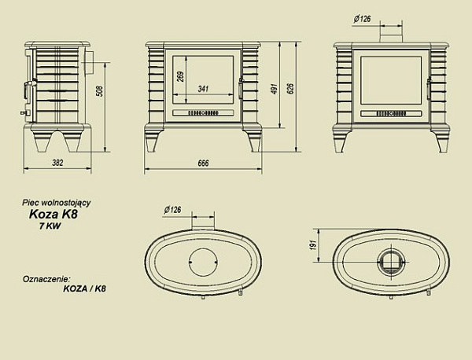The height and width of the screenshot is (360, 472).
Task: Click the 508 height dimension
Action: [99, 91]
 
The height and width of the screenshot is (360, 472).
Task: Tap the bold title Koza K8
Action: [53, 212]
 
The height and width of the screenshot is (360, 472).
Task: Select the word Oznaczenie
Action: [46, 278]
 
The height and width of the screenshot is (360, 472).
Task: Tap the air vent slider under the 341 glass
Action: [204, 113]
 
